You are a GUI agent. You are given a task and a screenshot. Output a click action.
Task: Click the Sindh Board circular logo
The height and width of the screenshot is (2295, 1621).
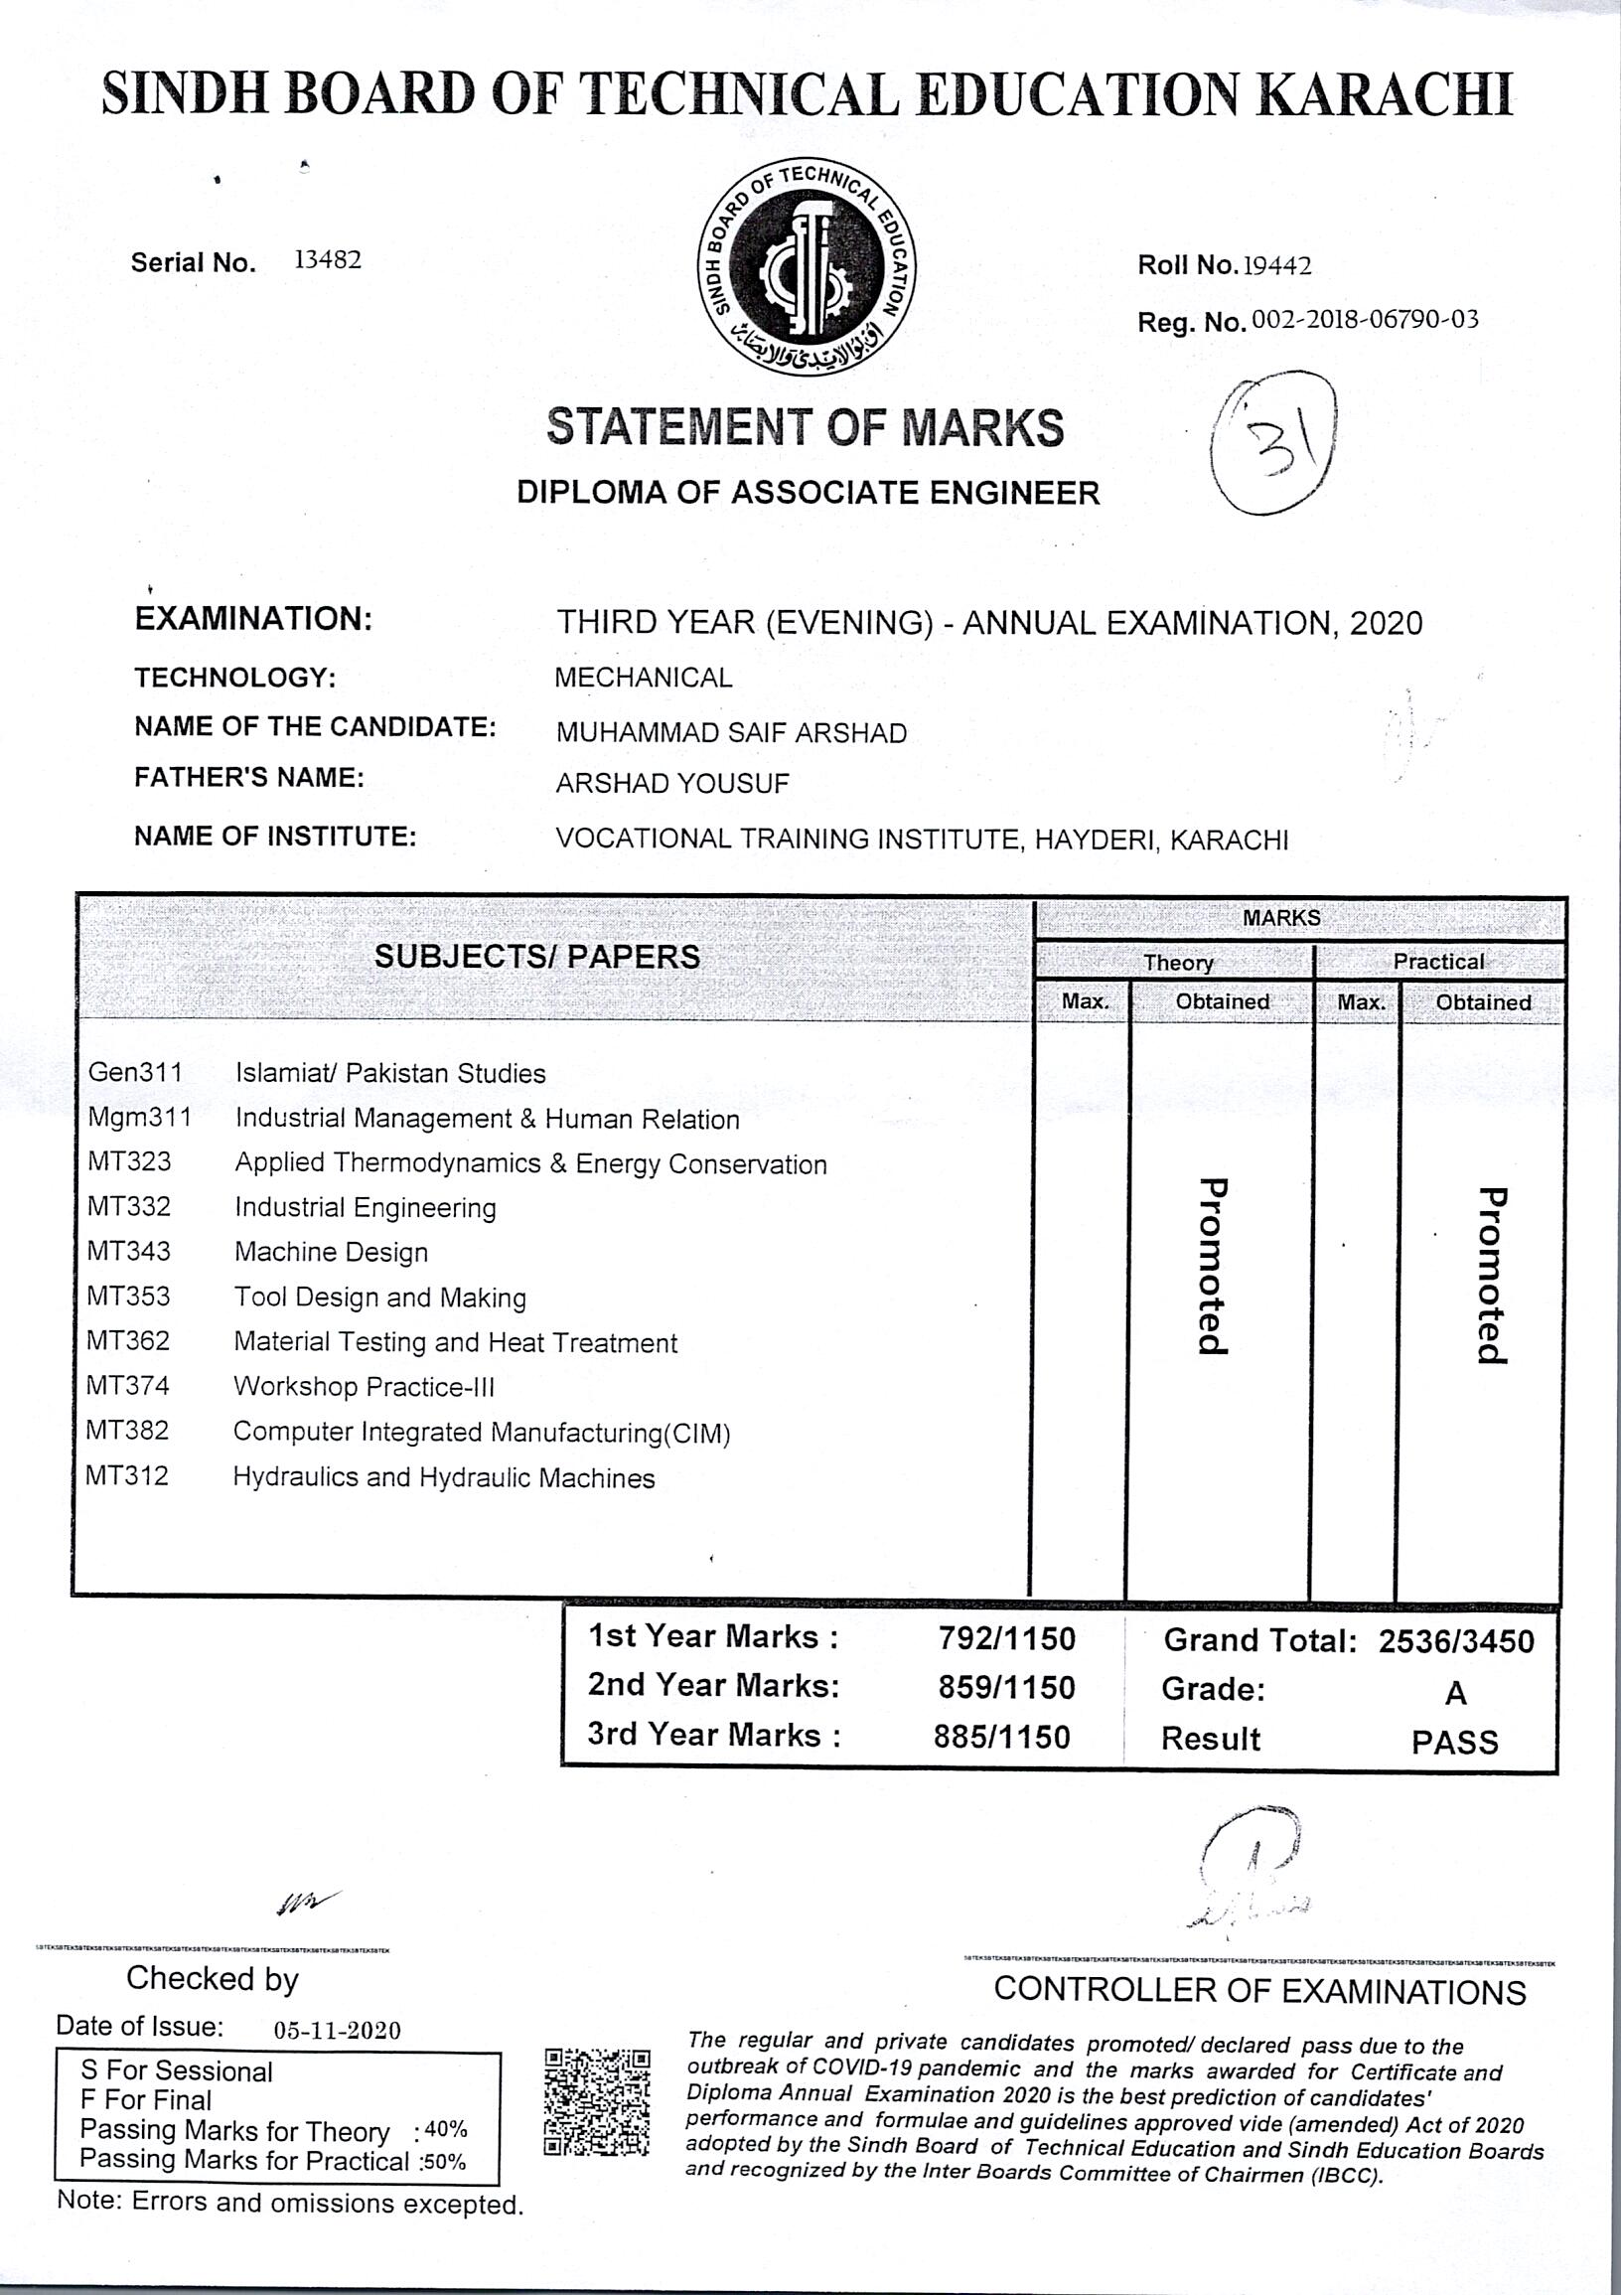pos(806,267)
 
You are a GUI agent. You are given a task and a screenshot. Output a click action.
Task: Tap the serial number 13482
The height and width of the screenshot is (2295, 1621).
pos(327,261)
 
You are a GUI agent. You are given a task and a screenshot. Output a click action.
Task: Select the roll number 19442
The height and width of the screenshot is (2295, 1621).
pos(1275,266)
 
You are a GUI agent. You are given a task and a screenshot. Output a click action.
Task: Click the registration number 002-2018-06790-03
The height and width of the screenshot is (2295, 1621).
pos(1364,321)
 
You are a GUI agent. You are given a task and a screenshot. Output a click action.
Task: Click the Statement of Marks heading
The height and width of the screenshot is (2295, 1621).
pos(806,428)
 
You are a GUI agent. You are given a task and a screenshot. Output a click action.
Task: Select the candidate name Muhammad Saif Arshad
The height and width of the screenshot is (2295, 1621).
pos(731,732)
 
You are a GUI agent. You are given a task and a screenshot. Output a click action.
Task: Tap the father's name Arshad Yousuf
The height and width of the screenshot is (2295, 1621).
pos(671,783)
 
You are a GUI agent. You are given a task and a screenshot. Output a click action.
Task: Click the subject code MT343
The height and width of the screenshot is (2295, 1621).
pos(129,1251)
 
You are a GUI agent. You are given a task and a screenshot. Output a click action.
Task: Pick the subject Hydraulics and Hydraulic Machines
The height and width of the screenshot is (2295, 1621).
pos(444,1477)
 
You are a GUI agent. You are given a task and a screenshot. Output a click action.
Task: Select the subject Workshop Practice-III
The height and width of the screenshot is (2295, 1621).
pos(364,1386)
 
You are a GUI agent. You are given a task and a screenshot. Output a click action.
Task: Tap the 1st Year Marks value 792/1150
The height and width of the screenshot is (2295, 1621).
pos(1006,1639)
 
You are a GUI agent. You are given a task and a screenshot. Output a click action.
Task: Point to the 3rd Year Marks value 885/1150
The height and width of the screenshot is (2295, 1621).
pos(1001,1738)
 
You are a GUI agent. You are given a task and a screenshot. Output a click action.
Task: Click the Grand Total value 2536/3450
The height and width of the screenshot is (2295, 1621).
pos(1455,1641)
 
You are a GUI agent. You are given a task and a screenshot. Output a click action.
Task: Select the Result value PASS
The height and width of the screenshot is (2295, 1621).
pos(1454,1744)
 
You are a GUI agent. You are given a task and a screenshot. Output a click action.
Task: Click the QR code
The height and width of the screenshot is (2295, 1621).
pos(597,2101)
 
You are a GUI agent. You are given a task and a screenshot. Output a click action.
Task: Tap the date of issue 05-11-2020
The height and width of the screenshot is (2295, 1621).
pos(337,2030)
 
